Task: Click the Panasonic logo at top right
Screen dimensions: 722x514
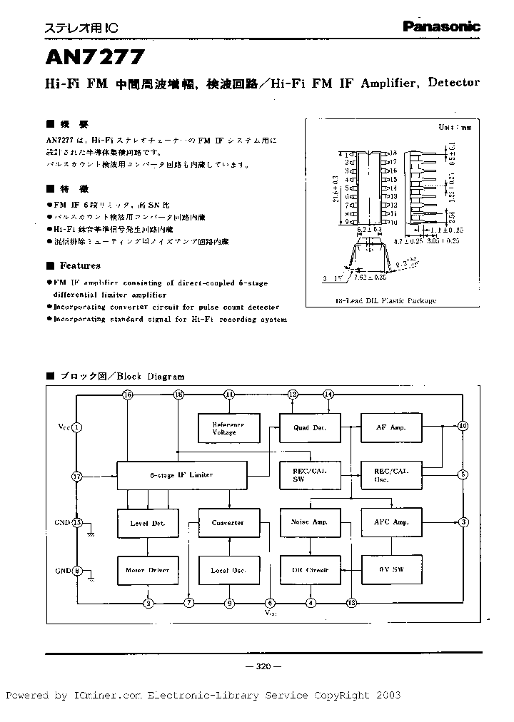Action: click(440, 26)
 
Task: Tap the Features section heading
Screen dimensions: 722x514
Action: click(79, 266)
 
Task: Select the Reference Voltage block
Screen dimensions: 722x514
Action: click(228, 428)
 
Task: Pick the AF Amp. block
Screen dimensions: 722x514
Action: click(390, 427)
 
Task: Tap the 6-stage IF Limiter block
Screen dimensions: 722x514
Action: click(181, 475)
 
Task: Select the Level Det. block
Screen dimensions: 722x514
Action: click(148, 523)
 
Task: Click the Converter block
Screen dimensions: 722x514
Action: click(228, 523)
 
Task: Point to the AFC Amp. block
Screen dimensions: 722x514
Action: click(390, 522)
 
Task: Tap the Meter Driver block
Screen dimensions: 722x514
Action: click(148, 570)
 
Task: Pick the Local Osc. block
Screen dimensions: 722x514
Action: click(228, 570)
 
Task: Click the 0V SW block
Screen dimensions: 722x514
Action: click(390, 570)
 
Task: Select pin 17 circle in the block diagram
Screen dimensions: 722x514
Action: click(78, 475)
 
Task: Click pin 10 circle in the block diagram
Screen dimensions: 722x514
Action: click(463, 426)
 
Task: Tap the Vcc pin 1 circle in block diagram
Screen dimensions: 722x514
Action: click(78, 427)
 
